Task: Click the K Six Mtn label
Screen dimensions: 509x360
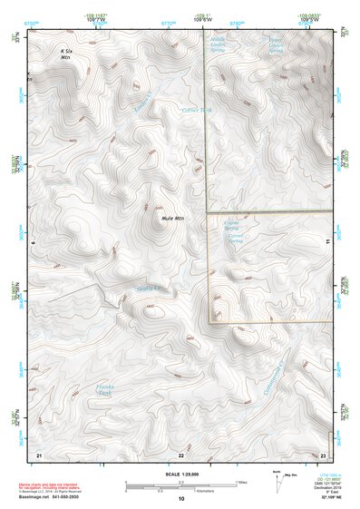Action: pyautogui.click(x=64, y=56)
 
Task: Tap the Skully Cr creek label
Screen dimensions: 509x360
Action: pyautogui.click(x=147, y=289)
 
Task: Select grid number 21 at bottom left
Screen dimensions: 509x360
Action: pyautogui.click(x=38, y=452)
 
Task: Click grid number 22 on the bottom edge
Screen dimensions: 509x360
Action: pyautogui.click(x=180, y=452)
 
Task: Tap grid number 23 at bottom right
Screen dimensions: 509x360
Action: pyautogui.click(x=323, y=452)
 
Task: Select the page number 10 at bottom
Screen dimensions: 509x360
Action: pyautogui.click(x=180, y=498)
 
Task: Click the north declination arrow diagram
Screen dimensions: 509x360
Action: pyautogui.click(x=277, y=485)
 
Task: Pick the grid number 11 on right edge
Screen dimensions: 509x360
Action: pyautogui.click(x=326, y=243)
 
